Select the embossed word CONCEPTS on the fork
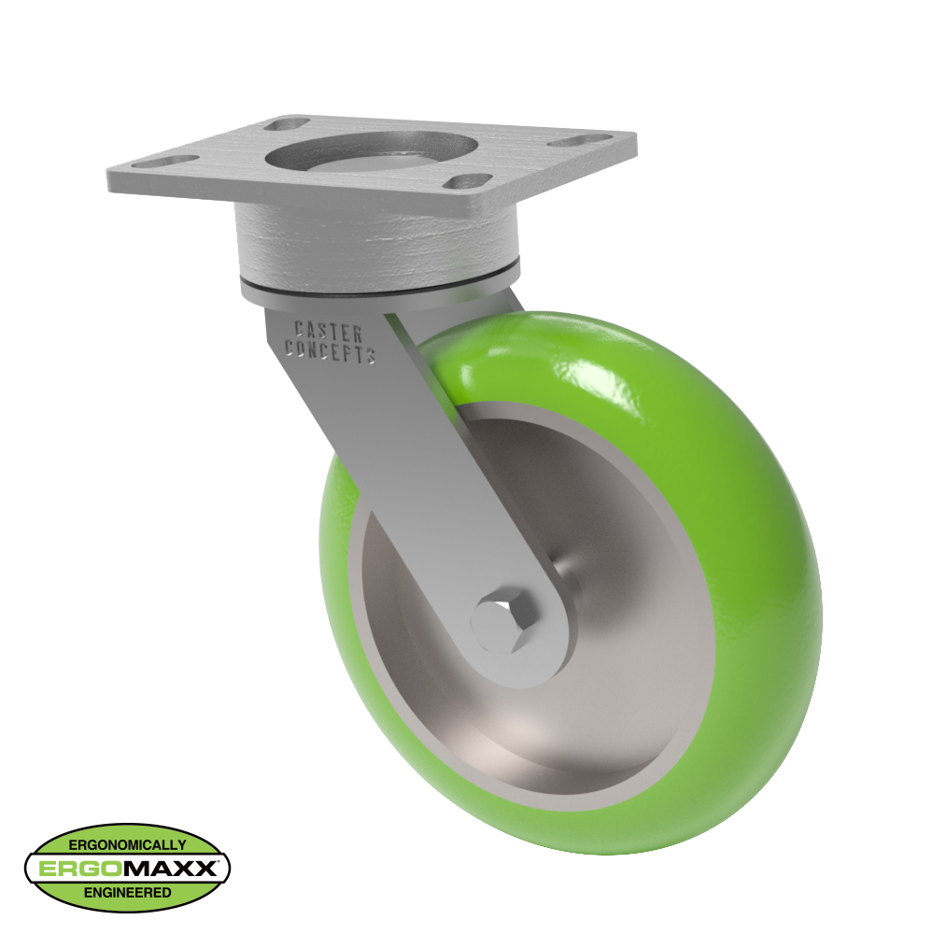click(330, 352)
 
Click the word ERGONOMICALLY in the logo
click(127, 844)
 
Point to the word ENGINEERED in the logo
click(127, 893)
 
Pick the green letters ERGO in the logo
click(78, 869)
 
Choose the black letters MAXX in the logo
click(167, 869)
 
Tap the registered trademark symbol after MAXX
click(221, 861)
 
